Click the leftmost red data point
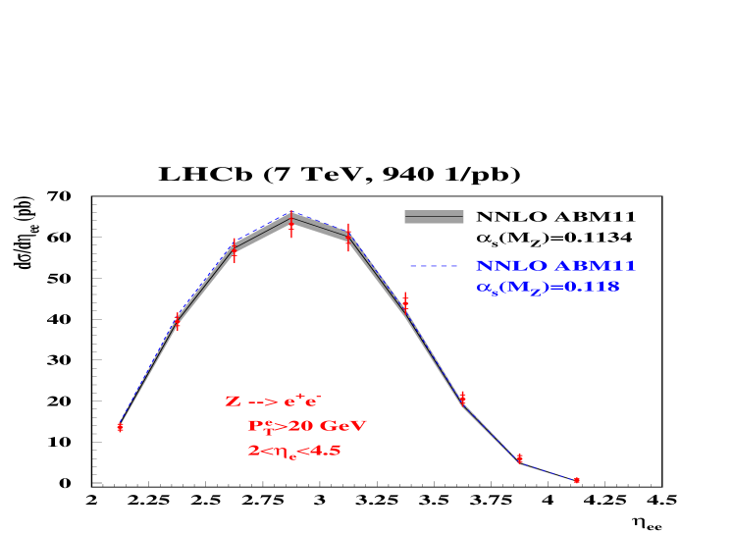(x=120, y=427)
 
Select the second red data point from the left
(x=178, y=320)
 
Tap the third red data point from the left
(x=234, y=249)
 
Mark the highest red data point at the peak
(x=290, y=222)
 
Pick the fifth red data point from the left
(x=348, y=238)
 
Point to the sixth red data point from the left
(x=405, y=301)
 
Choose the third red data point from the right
(x=463, y=398)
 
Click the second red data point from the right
(x=520, y=458)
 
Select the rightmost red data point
(x=577, y=480)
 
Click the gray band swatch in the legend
(x=434, y=217)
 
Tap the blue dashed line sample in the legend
(x=434, y=266)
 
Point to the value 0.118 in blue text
(x=593, y=288)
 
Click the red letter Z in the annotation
(x=233, y=401)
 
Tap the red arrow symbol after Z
(x=261, y=402)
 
